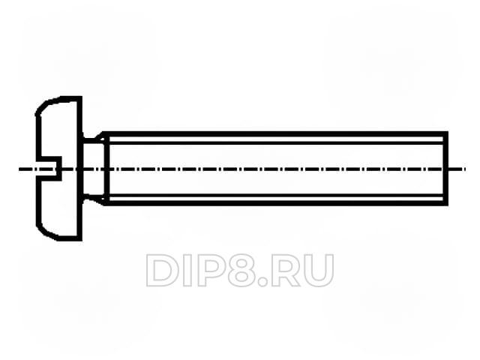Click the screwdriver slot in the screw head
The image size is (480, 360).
[49, 169]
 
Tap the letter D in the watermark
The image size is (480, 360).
[162, 271]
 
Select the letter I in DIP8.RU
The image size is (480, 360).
[186, 271]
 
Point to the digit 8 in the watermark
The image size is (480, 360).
[240, 271]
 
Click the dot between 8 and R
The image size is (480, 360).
[262, 283]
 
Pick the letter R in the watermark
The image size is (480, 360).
[285, 271]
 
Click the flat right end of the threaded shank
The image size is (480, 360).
[445, 169]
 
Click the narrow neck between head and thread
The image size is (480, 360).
[91, 169]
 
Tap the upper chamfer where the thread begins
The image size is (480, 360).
[102, 136]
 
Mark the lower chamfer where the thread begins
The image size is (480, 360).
[102, 200]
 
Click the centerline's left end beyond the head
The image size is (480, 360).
[19, 169]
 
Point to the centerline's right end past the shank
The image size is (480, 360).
[465, 169]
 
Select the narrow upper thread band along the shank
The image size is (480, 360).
[276, 140]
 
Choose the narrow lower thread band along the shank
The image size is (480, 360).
[276, 198]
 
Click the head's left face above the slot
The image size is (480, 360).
[38, 136]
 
